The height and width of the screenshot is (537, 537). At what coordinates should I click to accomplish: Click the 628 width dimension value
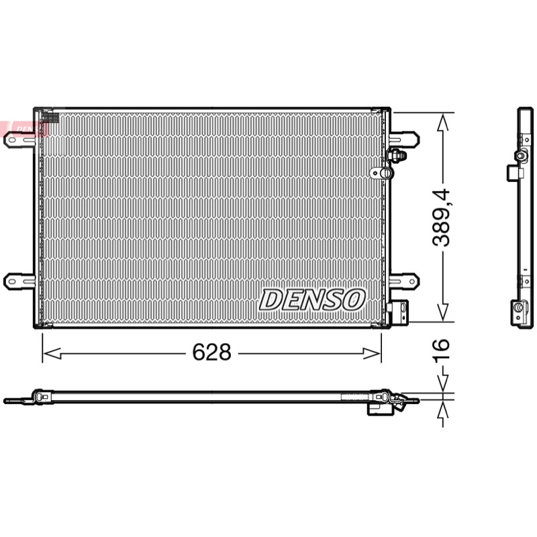pyautogui.click(x=211, y=352)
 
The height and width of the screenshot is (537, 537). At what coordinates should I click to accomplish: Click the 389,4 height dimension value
pyautogui.click(x=440, y=217)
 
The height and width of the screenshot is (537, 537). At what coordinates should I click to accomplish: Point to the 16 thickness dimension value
pyautogui.click(x=440, y=350)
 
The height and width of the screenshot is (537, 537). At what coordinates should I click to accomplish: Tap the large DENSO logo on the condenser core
pyautogui.click(x=312, y=299)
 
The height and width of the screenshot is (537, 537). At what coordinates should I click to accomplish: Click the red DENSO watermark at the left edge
pyautogui.click(x=24, y=128)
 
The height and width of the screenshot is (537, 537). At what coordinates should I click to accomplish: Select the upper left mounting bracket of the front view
pyautogui.click(x=19, y=140)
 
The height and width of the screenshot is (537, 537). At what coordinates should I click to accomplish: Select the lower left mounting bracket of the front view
pyautogui.click(x=19, y=281)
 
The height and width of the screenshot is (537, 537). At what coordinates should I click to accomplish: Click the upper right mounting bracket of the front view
pyautogui.click(x=404, y=140)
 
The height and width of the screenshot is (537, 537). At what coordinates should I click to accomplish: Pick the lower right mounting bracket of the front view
pyautogui.click(x=404, y=281)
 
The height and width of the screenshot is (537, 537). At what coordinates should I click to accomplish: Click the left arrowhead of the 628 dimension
pyautogui.click(x=52, y=353)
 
